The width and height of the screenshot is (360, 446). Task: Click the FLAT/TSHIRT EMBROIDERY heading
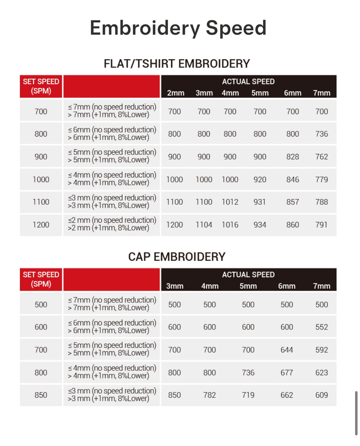click(177, 64)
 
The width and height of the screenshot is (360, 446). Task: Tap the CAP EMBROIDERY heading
click(177, 257)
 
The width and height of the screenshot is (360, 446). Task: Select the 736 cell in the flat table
click(321, 134)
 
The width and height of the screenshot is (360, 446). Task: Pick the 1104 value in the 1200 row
click(204, 225)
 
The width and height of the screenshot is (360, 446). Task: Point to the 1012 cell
click(230, 202)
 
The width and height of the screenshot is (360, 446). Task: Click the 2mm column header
click(175, 93)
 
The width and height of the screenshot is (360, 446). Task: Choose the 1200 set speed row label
click(41, 225)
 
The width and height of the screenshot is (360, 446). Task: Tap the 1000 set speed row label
click(41, 179)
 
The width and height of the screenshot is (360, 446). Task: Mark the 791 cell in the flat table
click(321, 225)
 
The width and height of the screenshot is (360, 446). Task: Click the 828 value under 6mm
click(292, 157)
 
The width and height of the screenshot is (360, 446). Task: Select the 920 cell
click(260, 179)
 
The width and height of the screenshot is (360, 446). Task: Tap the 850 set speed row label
click(41, 395)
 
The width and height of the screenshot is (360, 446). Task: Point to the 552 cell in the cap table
click(321, 327)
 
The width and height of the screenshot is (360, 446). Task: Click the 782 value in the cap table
click(210, 395)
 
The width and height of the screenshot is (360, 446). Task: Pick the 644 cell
click(287, 350)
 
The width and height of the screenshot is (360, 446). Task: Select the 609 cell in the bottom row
click(321, 395)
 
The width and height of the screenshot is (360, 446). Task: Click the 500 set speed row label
click(41, 305)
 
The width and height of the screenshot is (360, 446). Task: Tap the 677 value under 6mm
click(287, 372)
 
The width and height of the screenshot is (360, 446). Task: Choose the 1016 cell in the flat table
click(230, 225)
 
